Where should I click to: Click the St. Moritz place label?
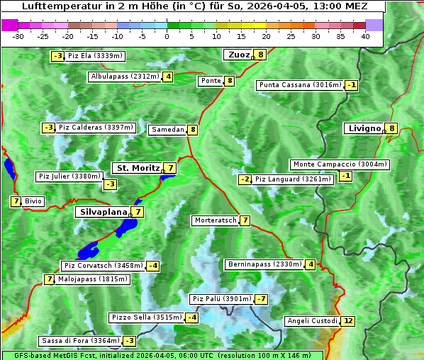(137, 168)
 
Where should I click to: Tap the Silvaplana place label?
(104, 212)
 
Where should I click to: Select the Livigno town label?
(364, 128)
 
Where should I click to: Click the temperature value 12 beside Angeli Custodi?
(347, 321)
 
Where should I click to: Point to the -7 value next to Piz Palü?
(262, 299)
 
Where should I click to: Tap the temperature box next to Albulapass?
(168, 77)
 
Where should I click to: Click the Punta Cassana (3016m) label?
(300, 85)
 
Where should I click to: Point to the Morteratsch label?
(215, 220)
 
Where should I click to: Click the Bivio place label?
(33, 201)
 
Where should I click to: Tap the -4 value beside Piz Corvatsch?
(153, 266)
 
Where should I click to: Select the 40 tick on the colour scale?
(365, 36)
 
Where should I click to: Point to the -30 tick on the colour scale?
(18, 36)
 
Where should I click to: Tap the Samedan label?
(167, 130)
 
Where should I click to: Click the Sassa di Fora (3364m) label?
(79, 341)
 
